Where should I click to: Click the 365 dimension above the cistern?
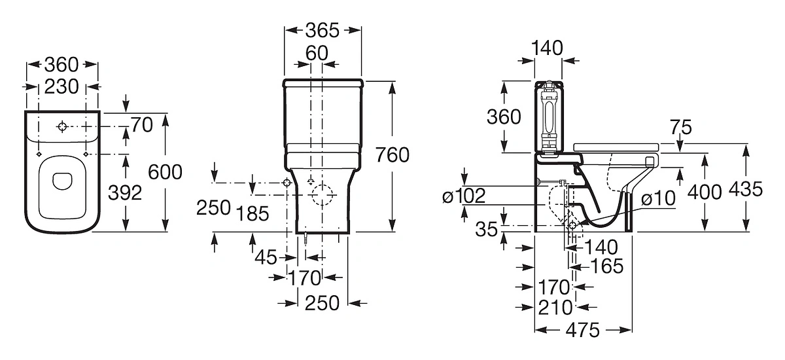pos(323,31)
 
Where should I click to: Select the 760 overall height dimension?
pos(392,155)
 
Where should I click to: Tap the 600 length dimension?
pos(165,172)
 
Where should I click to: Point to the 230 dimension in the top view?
pos(61,86)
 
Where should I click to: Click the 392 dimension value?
pos(125,193)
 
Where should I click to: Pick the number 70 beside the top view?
pos(142,125)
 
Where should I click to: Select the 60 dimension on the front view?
pos(317,53)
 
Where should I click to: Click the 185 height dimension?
pos(253,213)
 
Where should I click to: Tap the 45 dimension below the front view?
pos(266,258)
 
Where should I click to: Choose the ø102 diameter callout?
pos(464,196)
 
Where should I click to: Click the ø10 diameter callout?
pos(658,198)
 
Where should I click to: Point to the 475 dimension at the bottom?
pos(583,330)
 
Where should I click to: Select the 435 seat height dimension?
pos(745,189)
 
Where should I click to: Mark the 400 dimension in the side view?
pos(705,192)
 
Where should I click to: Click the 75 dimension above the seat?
pos(681,128)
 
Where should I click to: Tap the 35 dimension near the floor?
pos(487,230)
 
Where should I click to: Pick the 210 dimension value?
pos(555,308)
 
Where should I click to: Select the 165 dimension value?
pos(607,266)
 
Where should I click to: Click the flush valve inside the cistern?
pos(549,119)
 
